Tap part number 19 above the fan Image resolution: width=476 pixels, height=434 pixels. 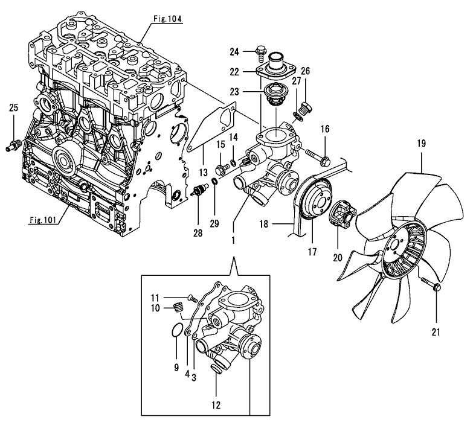421,144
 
